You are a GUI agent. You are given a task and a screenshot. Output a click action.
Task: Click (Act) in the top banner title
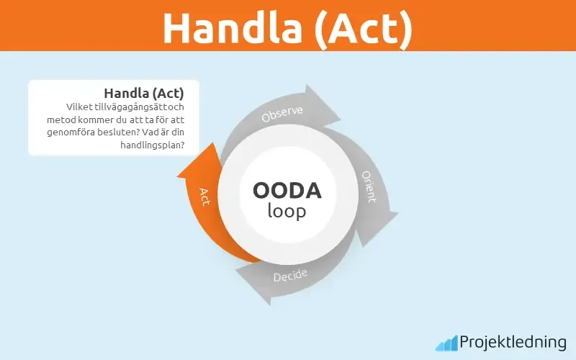tap(357, 27)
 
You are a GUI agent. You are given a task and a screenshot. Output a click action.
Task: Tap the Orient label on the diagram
tap(369, 187)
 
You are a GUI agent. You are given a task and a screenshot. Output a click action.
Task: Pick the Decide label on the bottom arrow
tap(290, 276)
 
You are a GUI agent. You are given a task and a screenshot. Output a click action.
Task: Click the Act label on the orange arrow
tap(204, 196)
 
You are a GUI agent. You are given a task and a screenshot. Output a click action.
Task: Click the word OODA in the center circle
tap(287, 191)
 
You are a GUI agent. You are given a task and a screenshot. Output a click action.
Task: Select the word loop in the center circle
tap(287, 211)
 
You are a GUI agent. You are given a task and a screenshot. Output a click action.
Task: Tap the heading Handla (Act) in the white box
tap(143, 92)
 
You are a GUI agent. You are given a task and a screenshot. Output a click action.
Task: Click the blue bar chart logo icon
tap(446, 343)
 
